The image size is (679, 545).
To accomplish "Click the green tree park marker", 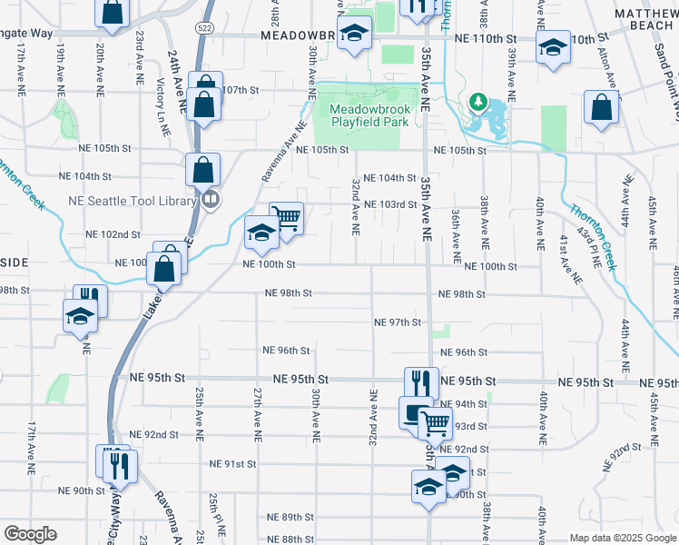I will coord(477,101).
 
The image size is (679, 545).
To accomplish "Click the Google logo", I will coord(30,534).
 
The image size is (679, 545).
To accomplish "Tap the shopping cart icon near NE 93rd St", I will coord(435,421).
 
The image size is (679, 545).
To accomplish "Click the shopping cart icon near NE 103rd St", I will coord(286,218).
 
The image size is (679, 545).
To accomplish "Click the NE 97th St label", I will coord(398,322).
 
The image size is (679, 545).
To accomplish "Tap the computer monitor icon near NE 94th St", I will coord(414,411).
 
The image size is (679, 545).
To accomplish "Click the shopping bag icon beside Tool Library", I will coord(203,168).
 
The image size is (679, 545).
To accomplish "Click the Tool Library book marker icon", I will coord(211,198).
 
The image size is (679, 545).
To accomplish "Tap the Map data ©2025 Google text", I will coord(623,538).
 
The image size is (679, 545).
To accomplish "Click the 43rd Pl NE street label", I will coord(595,246).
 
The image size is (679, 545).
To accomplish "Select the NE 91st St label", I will coord(232,463).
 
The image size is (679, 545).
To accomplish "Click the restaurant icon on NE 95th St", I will coord(421,381).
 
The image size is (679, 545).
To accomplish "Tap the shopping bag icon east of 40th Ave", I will coord(600,106).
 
